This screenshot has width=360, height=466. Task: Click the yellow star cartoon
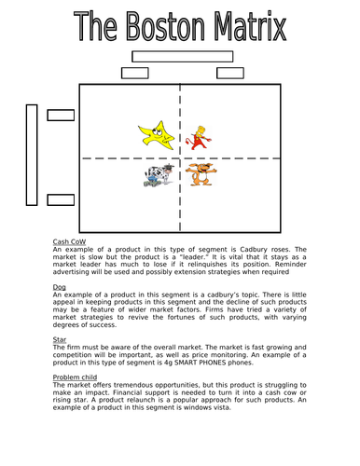point(156,133)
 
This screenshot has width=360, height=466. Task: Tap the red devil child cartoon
point(197,135)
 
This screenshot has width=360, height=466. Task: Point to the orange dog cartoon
point(198,174)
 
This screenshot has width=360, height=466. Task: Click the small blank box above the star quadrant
point(135,74)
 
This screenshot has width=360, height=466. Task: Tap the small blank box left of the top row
point(61,116)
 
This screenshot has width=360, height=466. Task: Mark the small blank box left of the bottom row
point(61,197)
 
